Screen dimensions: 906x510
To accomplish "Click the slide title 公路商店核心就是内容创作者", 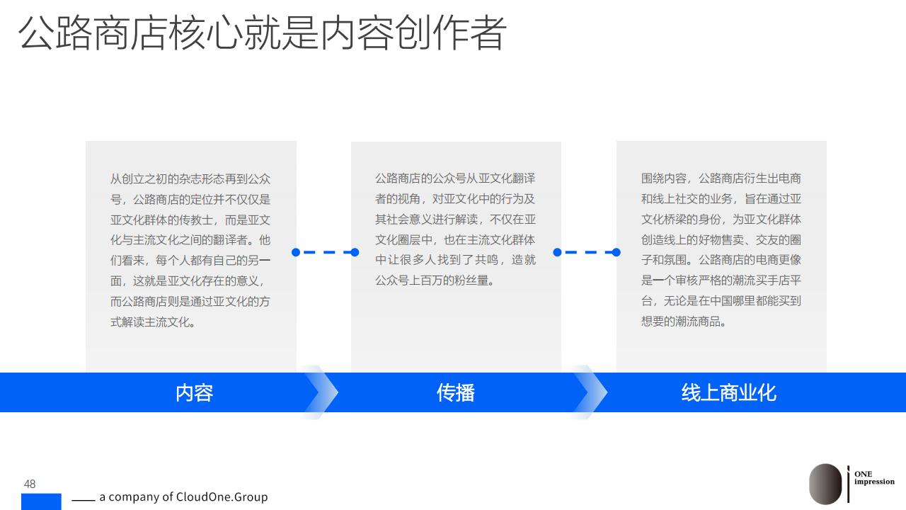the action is [262, 33].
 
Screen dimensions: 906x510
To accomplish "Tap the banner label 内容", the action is [194, 392].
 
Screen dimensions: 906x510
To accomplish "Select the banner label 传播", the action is [455, 392].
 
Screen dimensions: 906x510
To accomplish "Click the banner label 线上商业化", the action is [729, 392].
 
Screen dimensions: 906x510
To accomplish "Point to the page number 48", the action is [30, 484].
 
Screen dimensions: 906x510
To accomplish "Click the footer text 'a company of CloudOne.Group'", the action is [183, 497].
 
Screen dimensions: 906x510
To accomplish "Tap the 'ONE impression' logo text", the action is [874, 477].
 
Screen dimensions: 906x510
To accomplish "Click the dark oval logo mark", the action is [825, 484].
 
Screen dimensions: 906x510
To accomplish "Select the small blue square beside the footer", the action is [41, 501].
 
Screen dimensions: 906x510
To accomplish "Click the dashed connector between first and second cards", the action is [325, 252].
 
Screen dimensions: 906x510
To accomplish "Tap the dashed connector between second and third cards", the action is [587, 252].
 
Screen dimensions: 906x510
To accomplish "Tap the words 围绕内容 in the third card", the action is [664, 178].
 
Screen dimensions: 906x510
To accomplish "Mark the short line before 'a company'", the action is [84, 500].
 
